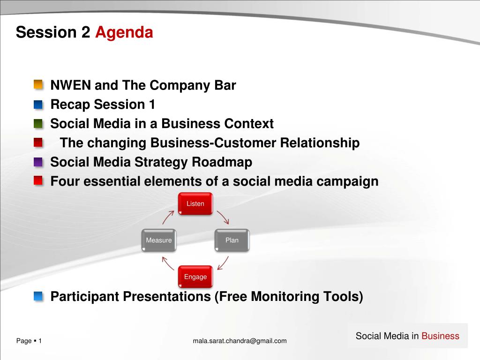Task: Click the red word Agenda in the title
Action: (124, 32)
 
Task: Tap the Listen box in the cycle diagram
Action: (195, 203)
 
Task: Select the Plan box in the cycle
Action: (232, 240)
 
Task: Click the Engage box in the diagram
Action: (195, 277)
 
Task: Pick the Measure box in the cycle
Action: (159, 240)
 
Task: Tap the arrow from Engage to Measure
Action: (168, 263)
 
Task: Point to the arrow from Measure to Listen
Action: (168, 217)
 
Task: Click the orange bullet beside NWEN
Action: (38, 84)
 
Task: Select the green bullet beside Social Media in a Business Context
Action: (38, 123)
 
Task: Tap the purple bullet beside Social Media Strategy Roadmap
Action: (38, 162)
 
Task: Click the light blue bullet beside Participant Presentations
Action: (38, 296)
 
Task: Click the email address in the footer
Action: (240, 341)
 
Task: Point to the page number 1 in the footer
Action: (40, 341)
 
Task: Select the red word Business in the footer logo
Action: (440, 336)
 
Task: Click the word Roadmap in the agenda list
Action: (222, 162)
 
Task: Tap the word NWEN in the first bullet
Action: (70, 85)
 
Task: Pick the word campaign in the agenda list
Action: (347, 181)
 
